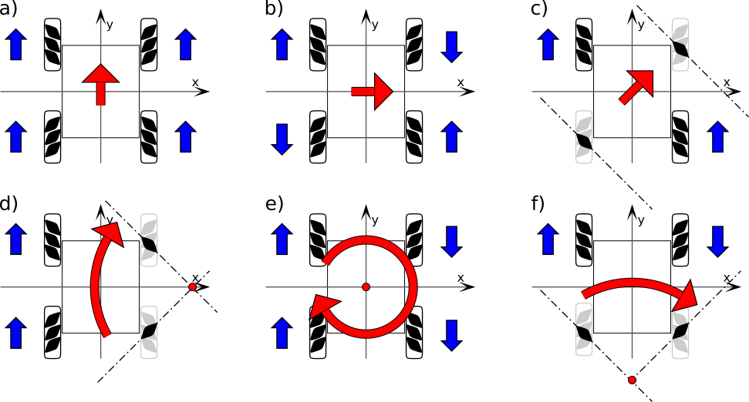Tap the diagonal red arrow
637,86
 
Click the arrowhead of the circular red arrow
322,307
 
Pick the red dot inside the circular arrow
366,287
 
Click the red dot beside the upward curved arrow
193,287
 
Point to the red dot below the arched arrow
632,380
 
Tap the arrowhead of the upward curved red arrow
110,233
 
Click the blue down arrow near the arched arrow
717,241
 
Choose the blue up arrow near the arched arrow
548,239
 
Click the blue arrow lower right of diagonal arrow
717,137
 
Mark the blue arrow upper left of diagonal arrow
548,45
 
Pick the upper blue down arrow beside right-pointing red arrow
451,46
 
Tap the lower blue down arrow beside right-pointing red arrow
282,139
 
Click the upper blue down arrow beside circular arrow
451,241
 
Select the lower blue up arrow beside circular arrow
282,333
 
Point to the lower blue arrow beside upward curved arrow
16,333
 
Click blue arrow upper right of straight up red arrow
185,45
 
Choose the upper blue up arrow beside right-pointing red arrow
282,45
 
